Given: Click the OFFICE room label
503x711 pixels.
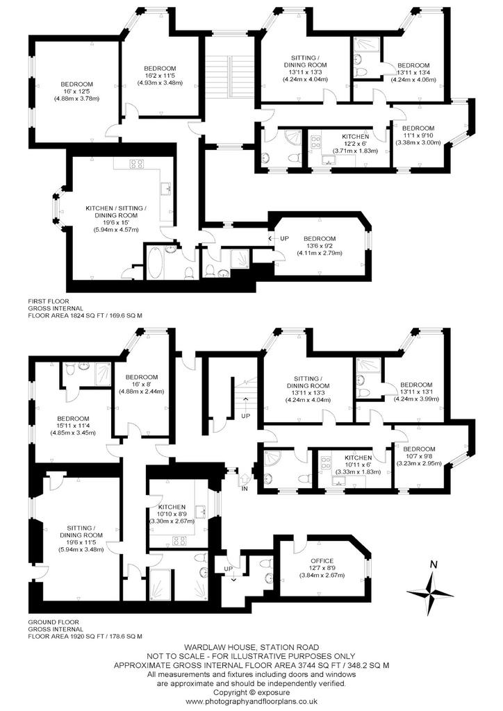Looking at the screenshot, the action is coord(322,561).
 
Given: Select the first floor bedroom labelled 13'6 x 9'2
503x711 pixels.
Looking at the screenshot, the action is coord(320,245).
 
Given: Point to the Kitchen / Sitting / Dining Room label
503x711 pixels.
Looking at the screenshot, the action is coord(116,219).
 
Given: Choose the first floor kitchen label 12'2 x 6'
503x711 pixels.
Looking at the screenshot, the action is coord(355,144).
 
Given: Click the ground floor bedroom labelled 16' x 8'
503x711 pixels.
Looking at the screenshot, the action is coord(142,384).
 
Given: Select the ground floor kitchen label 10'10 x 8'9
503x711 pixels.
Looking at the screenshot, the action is coord(172,514).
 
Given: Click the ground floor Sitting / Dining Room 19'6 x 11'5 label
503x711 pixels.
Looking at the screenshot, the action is coord(81,539).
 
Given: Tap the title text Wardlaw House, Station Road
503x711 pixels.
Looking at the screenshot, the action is coord(251,647).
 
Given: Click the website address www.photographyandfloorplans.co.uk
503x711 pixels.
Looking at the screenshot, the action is coord(251,701).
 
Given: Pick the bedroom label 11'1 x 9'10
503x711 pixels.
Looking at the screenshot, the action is coord(418,135).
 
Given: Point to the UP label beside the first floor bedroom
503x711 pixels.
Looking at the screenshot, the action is coord(284,239).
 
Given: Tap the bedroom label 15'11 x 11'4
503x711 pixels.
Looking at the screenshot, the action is coord(73,426).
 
